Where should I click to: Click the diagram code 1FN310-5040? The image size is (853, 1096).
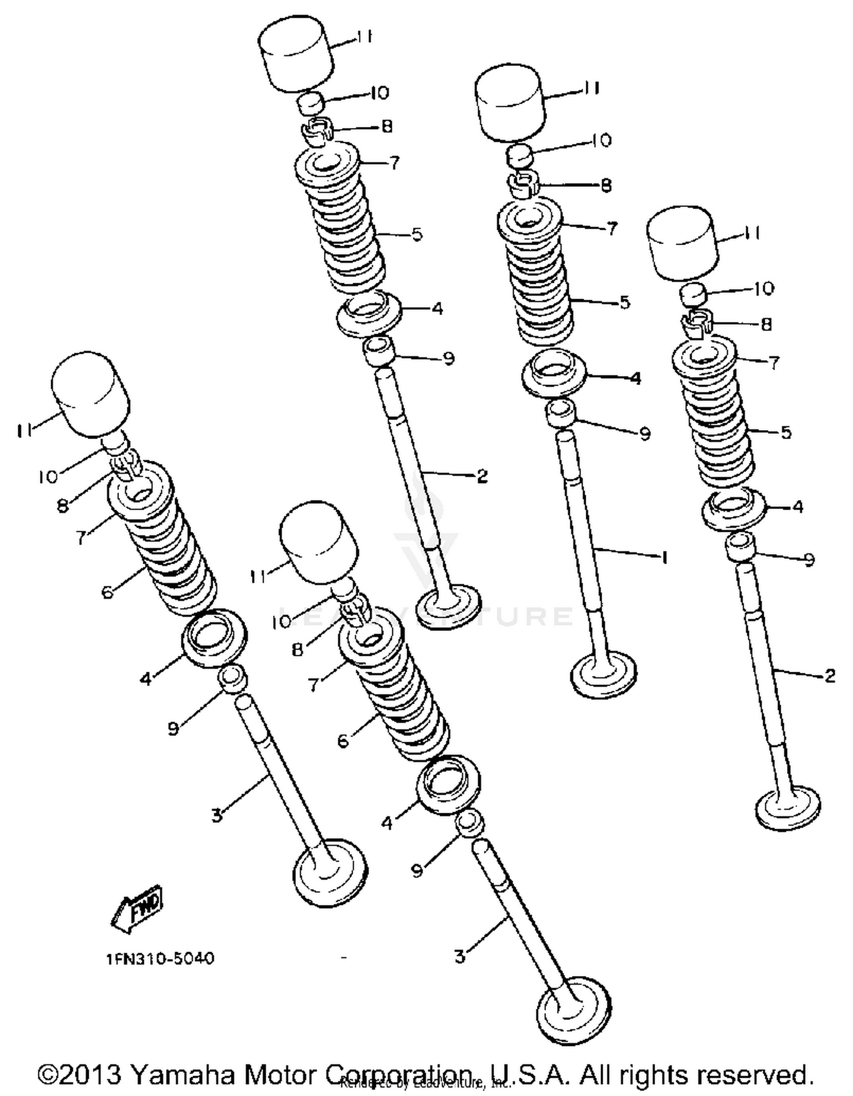(x=160, y=959)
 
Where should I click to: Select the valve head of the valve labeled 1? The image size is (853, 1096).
(x=603, y=674)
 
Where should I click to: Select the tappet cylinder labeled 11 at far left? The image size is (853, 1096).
(x=90, y=394)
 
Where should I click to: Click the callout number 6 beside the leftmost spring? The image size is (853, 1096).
(x=108, y=593)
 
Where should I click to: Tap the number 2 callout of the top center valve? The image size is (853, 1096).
(x=482, y=476)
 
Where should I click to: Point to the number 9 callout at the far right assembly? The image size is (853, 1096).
(x=809, y=560)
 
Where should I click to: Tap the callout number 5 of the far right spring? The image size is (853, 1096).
(x=786, y=432)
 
